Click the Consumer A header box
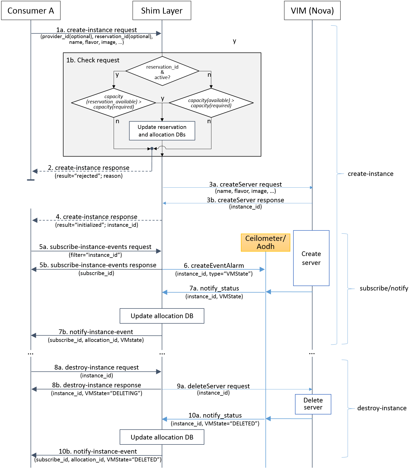[x=31, y=11]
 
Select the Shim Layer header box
[x=162, y=11]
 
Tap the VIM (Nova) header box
[x=312, y=11]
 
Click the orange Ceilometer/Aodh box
[x=265, y=242]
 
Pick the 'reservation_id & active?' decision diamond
[x=162, y=71]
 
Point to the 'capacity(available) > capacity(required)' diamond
[x=211, y=103]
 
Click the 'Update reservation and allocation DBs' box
[x=162, y=131]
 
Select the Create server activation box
[x=311, y=258]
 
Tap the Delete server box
[x=313, y=404]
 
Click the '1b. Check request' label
[x=93, y=60]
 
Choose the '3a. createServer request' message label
[x=245, y=185]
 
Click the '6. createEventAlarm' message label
[x=214, y=266]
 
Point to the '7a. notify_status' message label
[x=214, y=288]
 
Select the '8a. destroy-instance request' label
[x=96, y=367]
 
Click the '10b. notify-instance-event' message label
[x=98, y=452]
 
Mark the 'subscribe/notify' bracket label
[x=384, y=288]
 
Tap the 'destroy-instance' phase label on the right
[x=382, y=408]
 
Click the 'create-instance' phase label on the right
[x=370, y=174]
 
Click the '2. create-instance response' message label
[x=89, y=168]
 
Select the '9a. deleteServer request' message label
[x=213, y=386]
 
